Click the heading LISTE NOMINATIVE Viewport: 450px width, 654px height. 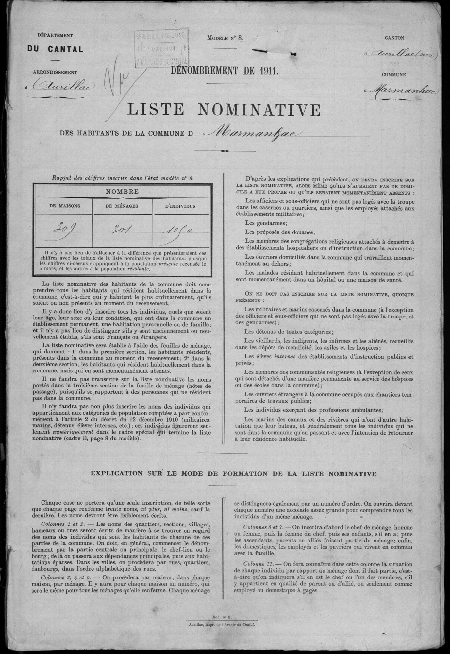(224, 110)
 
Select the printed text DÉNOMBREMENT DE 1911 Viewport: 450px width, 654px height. (225, 71)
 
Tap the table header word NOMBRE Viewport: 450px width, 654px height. (122, 192)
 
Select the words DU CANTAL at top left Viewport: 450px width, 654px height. (55, 49)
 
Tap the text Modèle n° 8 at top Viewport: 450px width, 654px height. (225, 38)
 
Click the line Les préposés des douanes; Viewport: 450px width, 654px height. (280, 232)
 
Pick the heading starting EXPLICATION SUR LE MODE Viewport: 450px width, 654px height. (233, 473)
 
